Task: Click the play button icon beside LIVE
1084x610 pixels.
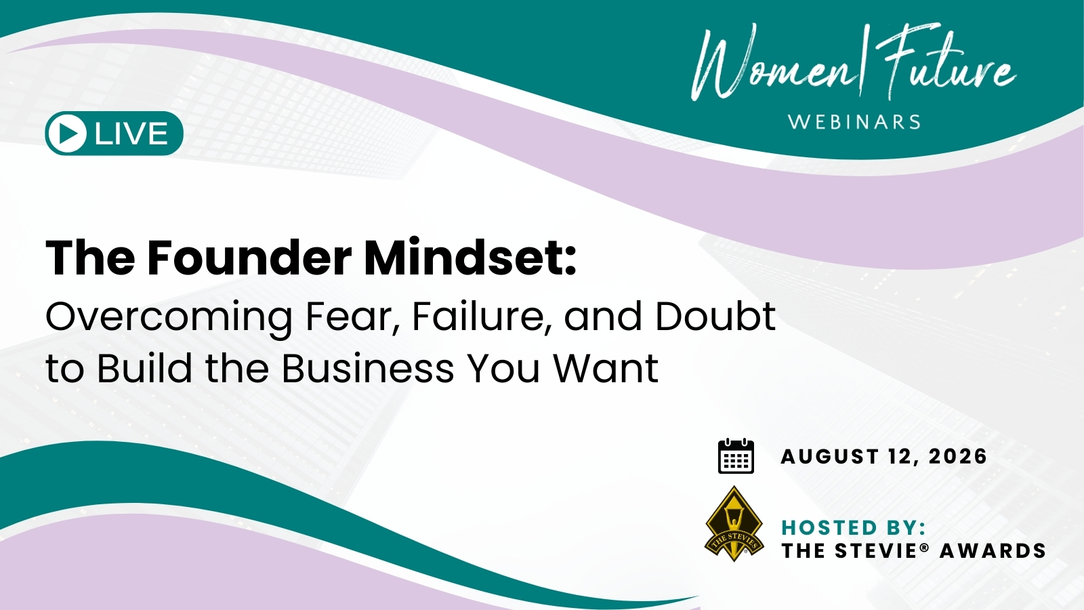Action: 67,133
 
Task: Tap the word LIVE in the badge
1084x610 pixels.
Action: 131,134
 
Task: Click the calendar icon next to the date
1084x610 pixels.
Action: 736,456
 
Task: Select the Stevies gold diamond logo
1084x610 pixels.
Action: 734,524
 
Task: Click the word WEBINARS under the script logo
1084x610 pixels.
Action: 854,122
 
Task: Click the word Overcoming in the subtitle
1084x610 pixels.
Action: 169,318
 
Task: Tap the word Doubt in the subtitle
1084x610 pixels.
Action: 715,317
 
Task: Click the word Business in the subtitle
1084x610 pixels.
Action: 369,369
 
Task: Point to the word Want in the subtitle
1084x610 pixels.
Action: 606,369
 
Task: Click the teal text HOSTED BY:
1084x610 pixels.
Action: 854,528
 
